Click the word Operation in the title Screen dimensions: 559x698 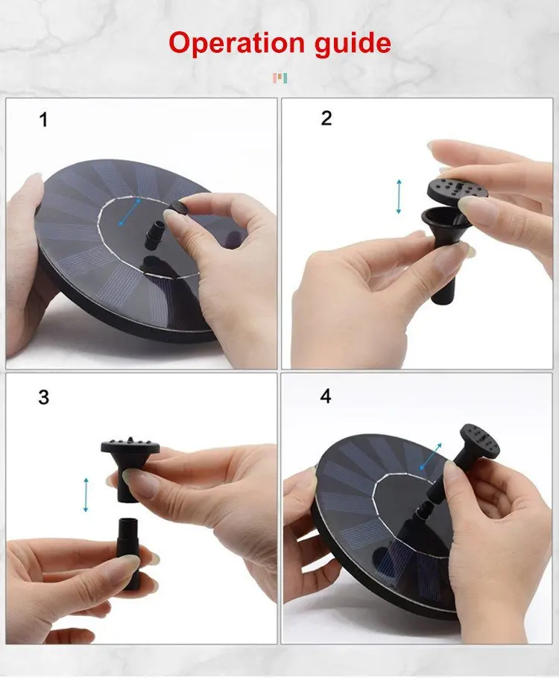(x=236, y=43)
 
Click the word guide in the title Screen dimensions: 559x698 (x=353, y=44)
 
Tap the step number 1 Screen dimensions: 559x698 (x=44, y=120)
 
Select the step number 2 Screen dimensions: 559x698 (x=326, y=118)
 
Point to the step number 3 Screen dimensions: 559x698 (x=44, y=397)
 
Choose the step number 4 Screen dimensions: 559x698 (x=326, y=396)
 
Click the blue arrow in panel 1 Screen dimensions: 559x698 (x=130, y=212)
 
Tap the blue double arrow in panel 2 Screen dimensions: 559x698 (x=399, y=197)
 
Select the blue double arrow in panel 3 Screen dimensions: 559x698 (x=86, y=495)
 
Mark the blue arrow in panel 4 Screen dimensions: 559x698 (x=431, y=457)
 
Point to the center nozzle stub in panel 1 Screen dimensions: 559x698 (x=157, y=232)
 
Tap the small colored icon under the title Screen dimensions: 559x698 (x=279, y=78)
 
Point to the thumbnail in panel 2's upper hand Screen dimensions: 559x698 (x=478, y=209)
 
